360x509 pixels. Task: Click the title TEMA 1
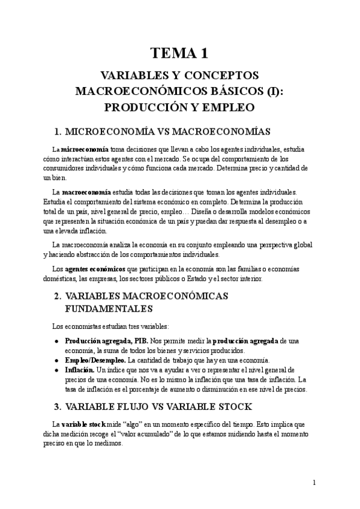pyautogui.click(x=179, y=54)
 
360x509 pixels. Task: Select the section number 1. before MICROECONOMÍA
pyautogui.click(x=58, y=132)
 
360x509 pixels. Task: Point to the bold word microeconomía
pyautogui.click(x=85, y=149)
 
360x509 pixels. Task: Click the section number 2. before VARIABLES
pyautogui.click(x=58, y=296)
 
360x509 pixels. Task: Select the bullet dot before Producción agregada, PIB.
pyautogui.click(x=56, y=341)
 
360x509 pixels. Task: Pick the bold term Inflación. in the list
pyautogui.click(x=80, y=370)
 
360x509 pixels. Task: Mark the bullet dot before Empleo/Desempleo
pyautogui.click(x=56, y=360)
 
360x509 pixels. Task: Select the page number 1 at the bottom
pyautogui.click(x=314, y=483)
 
